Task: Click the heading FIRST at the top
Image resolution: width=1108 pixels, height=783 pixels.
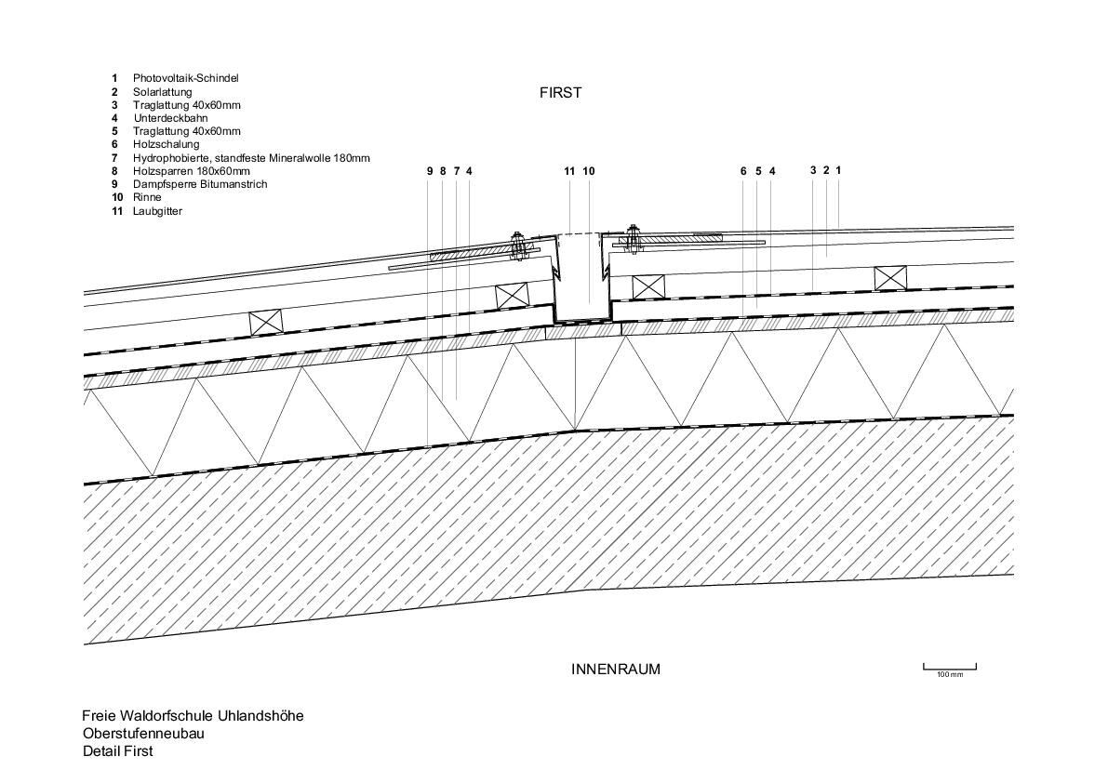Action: (560, 93)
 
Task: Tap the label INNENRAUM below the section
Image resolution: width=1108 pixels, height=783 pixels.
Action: (615, 669)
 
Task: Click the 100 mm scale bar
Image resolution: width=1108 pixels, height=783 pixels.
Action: (949, 666)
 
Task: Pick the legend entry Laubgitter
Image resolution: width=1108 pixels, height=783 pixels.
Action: (157, 211)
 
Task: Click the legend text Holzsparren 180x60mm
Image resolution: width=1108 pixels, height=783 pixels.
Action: (191, 171)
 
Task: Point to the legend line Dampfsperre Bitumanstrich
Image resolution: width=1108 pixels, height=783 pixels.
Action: (199, 184)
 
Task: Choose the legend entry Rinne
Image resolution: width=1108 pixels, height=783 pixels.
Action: (147, 197)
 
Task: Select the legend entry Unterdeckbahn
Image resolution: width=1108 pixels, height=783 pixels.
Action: (169, 118)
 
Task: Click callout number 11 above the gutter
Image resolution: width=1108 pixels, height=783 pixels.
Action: (569, 171)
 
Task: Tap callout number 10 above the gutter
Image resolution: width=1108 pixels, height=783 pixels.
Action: (588, 171)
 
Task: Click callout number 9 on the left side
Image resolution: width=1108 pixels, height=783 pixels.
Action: (430, 171)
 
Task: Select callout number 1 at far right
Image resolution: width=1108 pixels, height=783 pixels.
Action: (838, 170)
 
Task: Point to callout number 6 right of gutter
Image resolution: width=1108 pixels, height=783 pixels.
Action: (743, 171)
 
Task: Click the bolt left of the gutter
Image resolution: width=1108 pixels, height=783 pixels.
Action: (519, 245)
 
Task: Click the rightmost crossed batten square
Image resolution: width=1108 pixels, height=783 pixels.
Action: (889, 277)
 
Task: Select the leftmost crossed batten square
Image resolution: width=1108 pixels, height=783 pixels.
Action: (265, 322)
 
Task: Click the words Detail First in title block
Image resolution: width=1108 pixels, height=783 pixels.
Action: (117, 751)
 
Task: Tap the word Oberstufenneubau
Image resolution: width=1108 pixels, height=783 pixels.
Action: (143, 734)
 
